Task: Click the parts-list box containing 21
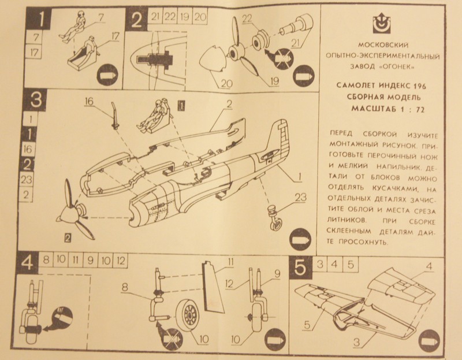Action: pos(155,16)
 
